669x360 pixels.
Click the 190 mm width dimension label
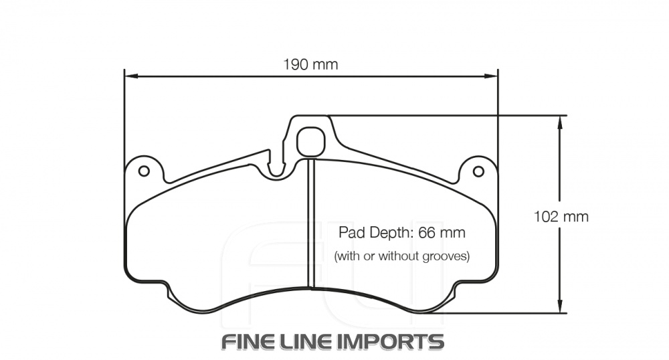(310, 65)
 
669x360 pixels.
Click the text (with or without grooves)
(401, 256)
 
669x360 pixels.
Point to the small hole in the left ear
(143, 171)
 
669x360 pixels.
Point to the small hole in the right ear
(478, 171)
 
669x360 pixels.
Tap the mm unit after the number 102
(576, 217)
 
